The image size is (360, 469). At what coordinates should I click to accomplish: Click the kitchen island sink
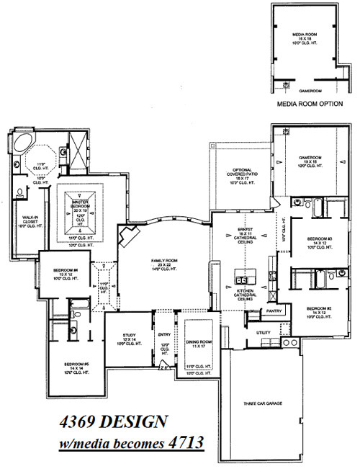243,281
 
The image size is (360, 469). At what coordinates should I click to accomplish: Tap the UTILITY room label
264,332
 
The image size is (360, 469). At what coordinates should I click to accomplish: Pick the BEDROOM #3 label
318,240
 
